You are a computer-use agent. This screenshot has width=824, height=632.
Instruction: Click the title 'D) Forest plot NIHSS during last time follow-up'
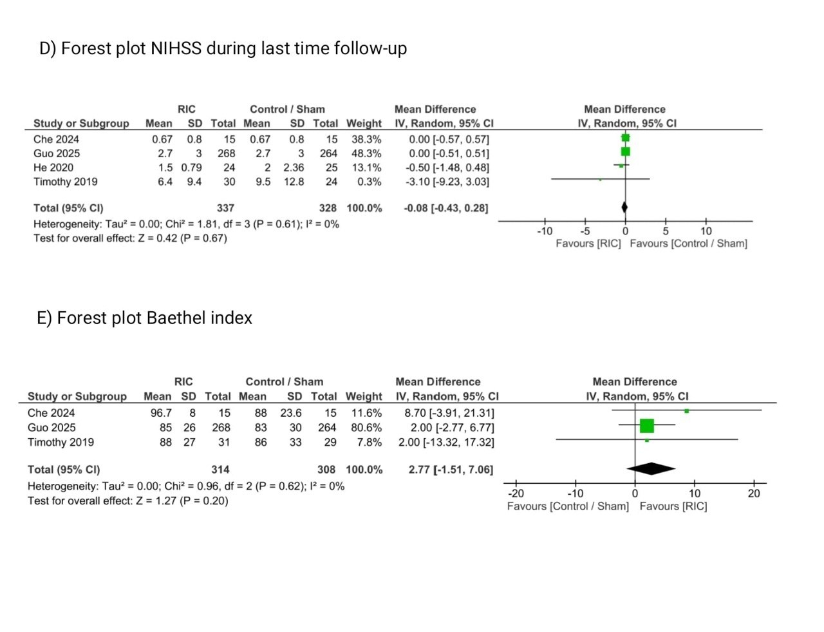[x=223, y=49]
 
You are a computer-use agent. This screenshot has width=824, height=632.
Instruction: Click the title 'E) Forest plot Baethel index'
[x=144, y=318]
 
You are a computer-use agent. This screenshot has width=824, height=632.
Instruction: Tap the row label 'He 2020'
[x=53, y=168]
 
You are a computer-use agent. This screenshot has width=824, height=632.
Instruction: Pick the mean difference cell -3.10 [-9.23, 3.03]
[x=447, y=182]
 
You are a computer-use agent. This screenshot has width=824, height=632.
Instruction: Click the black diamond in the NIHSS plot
[x=624, y=207]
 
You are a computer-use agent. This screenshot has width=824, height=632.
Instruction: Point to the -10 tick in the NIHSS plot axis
[x=545, y=231]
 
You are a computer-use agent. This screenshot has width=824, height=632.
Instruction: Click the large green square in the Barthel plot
[x=647, y=426]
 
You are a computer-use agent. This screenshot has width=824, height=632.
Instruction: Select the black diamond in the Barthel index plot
[x=651, y=469]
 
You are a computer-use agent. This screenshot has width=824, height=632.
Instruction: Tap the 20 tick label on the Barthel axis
[x=754, y=493]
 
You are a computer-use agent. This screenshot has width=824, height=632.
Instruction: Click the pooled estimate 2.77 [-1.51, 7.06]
[x=451, y=470]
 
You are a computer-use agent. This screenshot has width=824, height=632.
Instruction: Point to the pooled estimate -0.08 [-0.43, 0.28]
[x=446, y=208]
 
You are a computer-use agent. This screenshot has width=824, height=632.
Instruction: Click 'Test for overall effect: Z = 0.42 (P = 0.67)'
[x=130, y=238]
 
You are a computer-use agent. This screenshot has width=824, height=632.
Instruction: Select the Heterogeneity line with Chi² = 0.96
[x=185, y=486]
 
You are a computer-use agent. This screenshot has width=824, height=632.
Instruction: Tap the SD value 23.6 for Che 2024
[x=291, y=413]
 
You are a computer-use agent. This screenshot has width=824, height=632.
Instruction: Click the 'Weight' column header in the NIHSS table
[x=364, y=124]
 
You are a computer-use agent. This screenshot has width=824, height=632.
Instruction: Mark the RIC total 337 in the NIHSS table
[x=225, y=208]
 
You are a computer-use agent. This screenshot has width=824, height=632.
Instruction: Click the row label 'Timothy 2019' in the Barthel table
[x=61, y=443]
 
